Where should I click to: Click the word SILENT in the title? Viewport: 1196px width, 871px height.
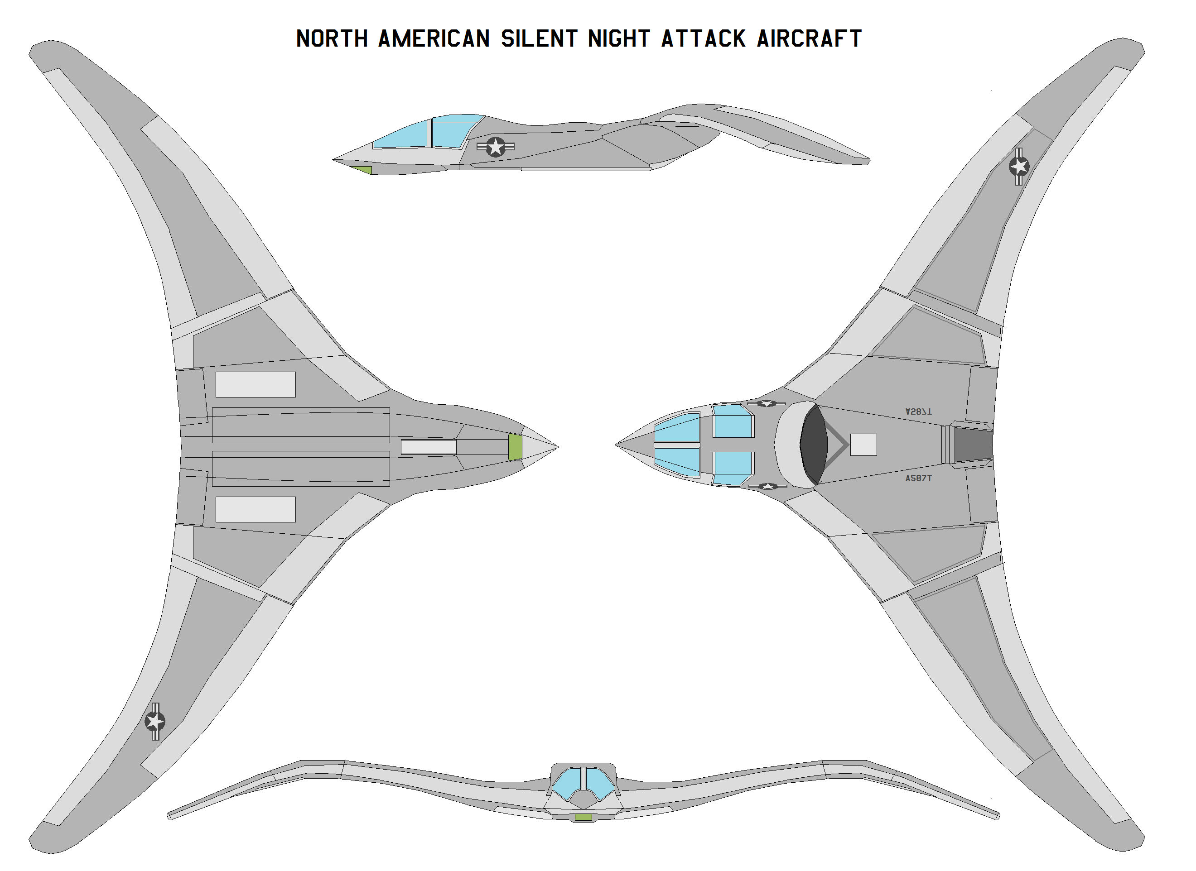pos(539,38)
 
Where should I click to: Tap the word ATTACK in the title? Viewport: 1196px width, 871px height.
pos(703,38)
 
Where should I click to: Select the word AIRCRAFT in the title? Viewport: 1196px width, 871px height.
pos(809,38)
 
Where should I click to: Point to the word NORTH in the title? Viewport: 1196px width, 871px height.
pos(332,38)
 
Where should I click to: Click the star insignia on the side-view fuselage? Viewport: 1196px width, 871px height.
pos(495,147)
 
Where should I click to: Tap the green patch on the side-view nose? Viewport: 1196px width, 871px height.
pos(362,170)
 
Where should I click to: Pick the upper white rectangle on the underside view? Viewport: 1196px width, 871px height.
pos(256,384)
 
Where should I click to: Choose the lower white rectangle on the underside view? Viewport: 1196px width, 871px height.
pos(256,509)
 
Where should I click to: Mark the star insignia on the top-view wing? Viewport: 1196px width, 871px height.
pos(1019,167)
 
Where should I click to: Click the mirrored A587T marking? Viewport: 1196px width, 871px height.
pos(918,411)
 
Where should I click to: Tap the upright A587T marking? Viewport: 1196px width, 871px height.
pos(918,478)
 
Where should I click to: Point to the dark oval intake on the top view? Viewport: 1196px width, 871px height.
pos(814,445)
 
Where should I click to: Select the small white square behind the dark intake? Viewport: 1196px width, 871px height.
pos(863,445)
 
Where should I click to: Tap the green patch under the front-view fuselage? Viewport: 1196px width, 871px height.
pos(583,817)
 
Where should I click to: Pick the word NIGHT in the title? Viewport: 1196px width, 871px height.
pos(618,38)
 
